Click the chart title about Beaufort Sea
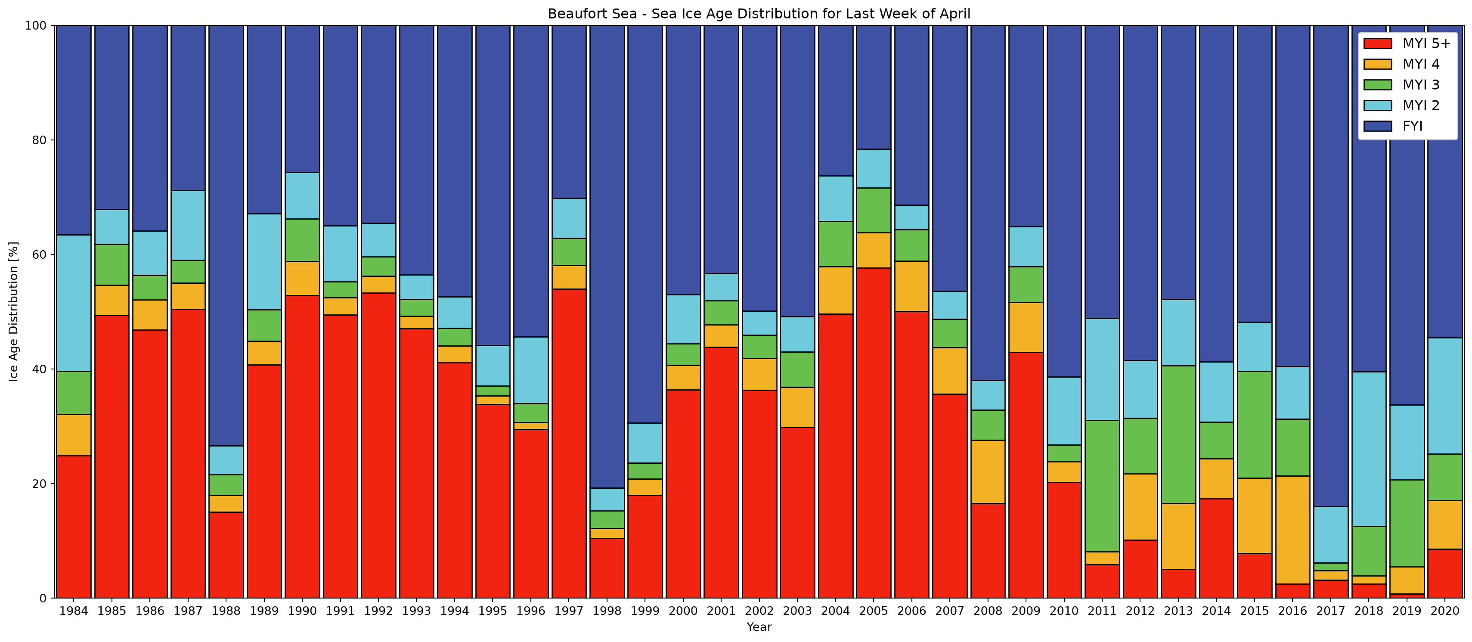click(x=759, y=14)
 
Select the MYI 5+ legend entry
click(x=1409, y=43)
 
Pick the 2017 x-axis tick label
click(x=1330, y=611)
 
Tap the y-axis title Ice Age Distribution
click(x=14, y=312)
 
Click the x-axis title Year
click(x=759, y=627)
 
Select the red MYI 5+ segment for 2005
click(x=874, y=433)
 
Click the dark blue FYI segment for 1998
click(x=607, y=257)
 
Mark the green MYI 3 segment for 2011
click(x=1102, y=486)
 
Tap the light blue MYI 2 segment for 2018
click(x=1369, y=449)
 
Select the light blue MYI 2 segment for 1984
click(x=74, y=303)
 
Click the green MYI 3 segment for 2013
click(x=1178, y=434)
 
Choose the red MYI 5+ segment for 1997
click(x=569, y=444)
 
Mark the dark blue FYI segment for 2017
click(x=1330, y=266)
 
